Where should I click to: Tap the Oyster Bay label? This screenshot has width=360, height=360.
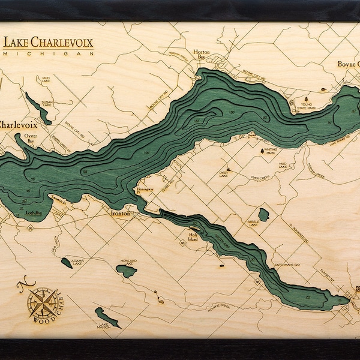click(x=30, y=139)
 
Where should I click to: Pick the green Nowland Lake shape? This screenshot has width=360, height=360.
click(x=126, y=270)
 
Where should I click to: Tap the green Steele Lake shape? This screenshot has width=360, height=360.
click(x=263, y=214)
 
